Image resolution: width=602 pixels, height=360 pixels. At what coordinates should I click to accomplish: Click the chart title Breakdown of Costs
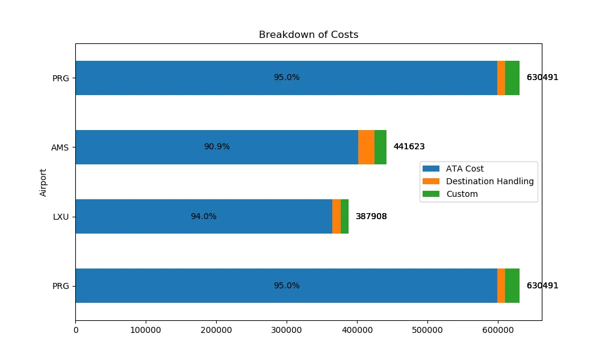pyautogui.click(x=308, y=35)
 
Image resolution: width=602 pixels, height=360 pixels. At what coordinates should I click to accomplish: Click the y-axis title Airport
pyautogui.click(x=43, y=182)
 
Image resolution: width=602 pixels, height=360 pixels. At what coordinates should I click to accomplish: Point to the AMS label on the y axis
pyautogui.click(x=60, y=147)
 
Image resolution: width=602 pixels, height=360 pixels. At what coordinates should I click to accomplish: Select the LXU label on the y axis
pyautogui.click(x=61, y=216)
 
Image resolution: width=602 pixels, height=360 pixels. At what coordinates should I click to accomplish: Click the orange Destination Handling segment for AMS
pyautogui.click(x=366, y=147)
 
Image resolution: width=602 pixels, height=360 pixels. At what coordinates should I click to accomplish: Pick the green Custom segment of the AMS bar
pyautogui.click(x=380, y=147)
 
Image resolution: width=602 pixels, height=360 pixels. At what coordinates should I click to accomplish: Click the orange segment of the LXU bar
pyautogui.click(x=337, y=216)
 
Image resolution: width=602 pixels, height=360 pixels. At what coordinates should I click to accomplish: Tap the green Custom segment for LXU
pyautogui.click(x=345, y=216)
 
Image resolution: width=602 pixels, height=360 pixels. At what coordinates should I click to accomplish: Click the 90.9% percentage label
pyautogui.click(x=217, y=147)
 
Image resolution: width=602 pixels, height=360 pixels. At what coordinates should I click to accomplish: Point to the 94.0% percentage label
pyautogui.click(x=203, y=216)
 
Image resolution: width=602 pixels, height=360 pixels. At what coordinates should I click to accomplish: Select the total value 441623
pyautogui.click(x=409, y=147)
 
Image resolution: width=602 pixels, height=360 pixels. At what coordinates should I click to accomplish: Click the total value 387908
pyautogui.click(x=371, y=216)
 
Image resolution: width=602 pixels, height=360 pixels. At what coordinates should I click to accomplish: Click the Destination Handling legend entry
pyautogui.click(x=489, y=181)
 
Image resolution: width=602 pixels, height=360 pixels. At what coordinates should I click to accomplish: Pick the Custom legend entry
pyautogui.click(x=462, y=194)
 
